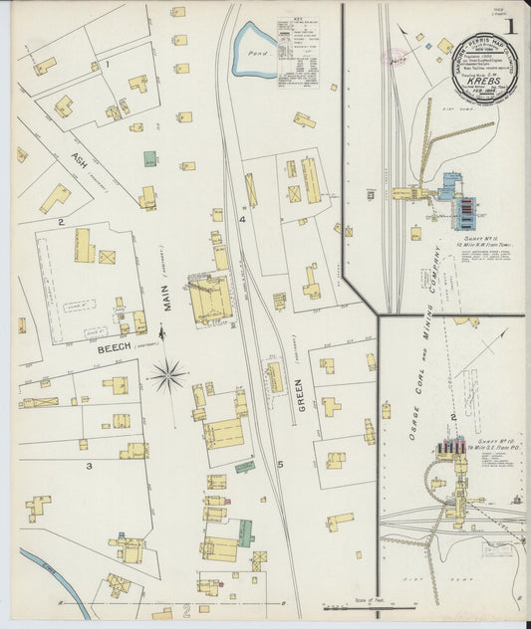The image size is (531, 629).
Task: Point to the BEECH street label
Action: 119,349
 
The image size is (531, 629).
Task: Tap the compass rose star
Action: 169,376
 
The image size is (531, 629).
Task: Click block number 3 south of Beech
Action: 89,465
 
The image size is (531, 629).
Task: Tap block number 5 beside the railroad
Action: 280,464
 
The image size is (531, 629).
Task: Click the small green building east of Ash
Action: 149,158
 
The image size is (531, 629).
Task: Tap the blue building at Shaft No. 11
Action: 451,185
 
